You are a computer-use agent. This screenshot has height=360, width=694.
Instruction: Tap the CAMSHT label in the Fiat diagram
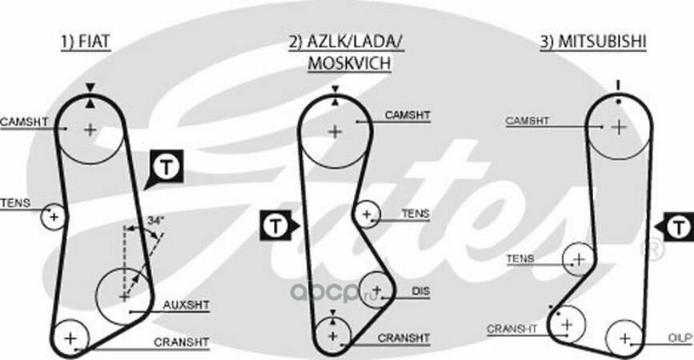(23, 122)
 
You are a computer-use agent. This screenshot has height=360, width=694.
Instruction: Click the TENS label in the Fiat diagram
(14, 203)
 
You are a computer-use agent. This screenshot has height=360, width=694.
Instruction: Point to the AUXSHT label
(187, 305)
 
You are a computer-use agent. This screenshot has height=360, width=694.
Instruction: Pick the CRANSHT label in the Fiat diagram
(182, 342)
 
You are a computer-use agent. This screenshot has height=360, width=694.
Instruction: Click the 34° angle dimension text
(155, 220)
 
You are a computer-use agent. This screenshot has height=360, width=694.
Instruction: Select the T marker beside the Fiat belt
(166, 166)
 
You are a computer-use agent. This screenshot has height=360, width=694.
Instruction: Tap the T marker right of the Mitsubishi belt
(680, 226)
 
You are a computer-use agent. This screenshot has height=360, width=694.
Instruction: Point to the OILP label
(680, 339)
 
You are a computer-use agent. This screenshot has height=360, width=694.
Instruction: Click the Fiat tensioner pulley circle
(54, 216)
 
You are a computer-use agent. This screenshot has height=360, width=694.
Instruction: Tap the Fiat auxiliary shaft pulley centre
(123, 295)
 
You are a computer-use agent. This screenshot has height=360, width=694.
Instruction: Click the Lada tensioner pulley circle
(367, 214)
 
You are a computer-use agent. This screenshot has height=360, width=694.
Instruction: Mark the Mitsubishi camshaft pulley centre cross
(618, 126)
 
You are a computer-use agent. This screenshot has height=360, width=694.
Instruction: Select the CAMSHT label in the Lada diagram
(407, 115)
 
